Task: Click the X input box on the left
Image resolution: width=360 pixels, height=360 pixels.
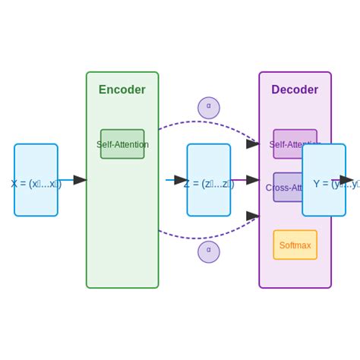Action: tap(36, 180)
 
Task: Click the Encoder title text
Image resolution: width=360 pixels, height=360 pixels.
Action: tap(122, 90)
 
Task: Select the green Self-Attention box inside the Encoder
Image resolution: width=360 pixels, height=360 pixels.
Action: tap(122, 144)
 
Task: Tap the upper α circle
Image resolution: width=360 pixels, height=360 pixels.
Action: tap(209, 108)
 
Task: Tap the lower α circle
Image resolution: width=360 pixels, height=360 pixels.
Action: tap(209, 251)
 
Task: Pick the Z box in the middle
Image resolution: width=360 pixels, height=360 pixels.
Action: tap(209, 180)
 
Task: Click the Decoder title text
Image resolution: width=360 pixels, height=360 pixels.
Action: tap(295, 90)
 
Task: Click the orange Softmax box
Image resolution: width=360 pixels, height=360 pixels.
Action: tap(295, 245)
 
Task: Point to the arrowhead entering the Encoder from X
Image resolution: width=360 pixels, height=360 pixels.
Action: tap(80, 180)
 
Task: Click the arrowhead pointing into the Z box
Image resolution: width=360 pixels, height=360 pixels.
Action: tap(181, 180)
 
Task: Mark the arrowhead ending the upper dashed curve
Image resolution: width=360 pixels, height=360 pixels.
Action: tap(253, 143)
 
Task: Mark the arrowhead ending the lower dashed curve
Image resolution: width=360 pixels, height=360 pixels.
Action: tap(253, 216)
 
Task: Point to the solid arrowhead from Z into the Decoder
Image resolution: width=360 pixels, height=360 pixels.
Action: tap(253, 180)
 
